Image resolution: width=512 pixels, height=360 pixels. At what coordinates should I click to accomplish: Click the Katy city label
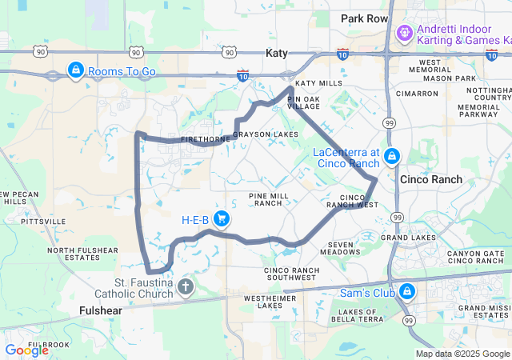275,52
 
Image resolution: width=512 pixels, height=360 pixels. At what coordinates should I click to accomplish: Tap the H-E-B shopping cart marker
223,218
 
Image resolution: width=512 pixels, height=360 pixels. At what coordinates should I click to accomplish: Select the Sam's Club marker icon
407,291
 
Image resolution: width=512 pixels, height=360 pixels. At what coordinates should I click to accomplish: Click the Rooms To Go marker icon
75,70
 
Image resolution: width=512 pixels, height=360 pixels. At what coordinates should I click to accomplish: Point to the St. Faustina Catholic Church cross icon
186,286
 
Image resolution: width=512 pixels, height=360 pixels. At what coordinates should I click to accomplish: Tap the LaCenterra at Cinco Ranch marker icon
391,155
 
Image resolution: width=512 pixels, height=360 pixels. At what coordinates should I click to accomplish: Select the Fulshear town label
102,310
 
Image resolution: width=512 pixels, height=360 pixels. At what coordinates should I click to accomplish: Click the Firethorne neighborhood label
206,139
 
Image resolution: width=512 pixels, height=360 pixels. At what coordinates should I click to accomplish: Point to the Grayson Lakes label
266,134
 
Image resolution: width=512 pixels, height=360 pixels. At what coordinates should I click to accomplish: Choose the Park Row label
364,18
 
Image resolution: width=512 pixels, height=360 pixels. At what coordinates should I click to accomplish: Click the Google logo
26,350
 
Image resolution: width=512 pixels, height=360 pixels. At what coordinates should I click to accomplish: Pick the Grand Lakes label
408,238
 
